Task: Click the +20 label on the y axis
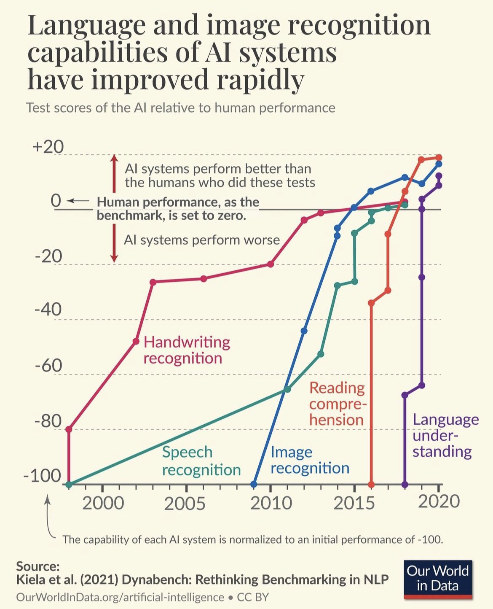(48, 147)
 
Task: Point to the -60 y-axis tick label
(48, 366)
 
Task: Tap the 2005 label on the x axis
(185, 503)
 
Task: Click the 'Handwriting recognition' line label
(187, 350)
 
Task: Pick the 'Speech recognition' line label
(201, 461)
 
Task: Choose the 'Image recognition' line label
(310, 460)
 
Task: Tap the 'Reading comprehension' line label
(337, 404)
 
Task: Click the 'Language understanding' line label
(445, 435)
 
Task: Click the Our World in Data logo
(438, 579)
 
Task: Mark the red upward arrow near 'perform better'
(114, 173)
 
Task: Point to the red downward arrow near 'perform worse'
(114, 243)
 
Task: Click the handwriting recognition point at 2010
(271, 264)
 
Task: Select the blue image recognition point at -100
(254, 484)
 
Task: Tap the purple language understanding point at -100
(405, 484)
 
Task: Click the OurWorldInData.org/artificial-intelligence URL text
(120, 597)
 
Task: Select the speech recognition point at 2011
(287, 389)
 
